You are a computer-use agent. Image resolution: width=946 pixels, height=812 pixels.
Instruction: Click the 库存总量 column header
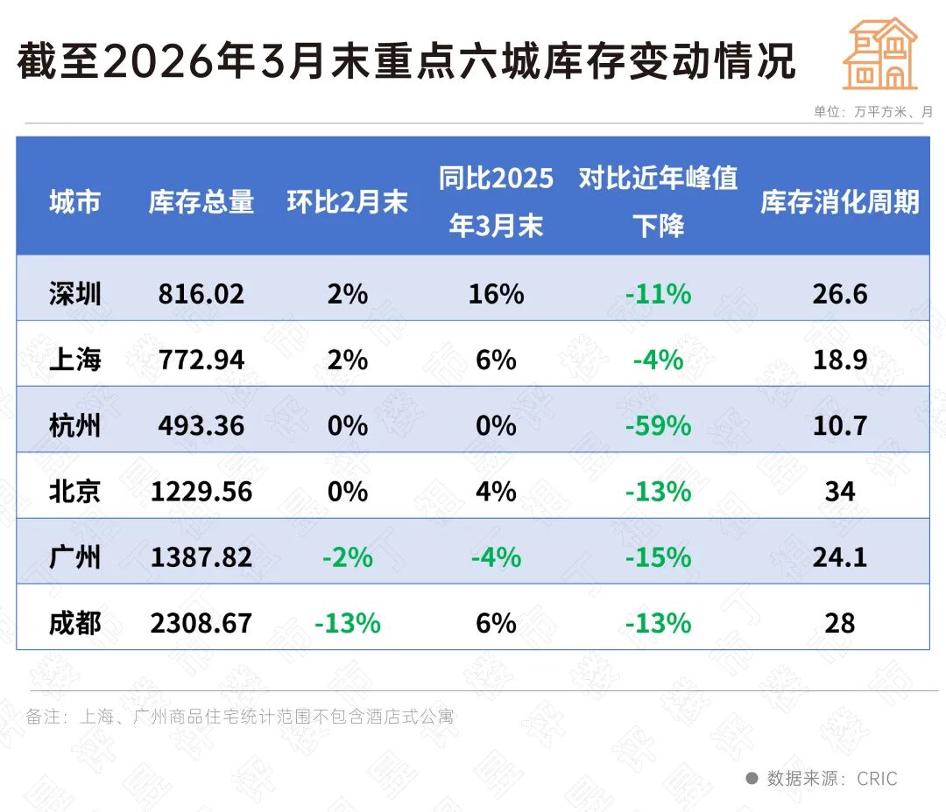[x=201, y=202]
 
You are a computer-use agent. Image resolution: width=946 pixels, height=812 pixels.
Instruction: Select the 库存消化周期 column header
[x=839, y=202]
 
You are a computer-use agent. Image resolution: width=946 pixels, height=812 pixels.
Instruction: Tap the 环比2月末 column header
[x=347, y=202]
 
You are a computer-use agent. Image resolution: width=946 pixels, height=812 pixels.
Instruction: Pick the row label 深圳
[x=75, y=293]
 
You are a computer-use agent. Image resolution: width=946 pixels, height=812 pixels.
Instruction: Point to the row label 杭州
[x=75, y=425]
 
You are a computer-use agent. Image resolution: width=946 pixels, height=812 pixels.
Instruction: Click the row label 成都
[x=75, y=623]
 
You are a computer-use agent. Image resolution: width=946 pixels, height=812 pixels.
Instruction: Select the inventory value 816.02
[x=201, y=293]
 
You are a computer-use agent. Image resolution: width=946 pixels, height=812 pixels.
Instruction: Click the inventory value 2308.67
[x=201, y=623]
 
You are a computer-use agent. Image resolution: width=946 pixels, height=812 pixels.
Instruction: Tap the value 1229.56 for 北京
[x=201, y=492]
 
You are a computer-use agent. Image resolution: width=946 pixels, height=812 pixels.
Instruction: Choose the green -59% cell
[x=658, y=425]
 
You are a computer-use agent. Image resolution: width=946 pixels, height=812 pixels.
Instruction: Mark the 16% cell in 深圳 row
[x=496, y=293]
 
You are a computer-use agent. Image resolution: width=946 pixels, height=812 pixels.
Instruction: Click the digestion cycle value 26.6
[x=839, y=293]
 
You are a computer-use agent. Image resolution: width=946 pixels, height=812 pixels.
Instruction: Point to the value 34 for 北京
[x=839, y=492]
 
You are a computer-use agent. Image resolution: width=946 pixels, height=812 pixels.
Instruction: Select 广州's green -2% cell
[x=347, y=557]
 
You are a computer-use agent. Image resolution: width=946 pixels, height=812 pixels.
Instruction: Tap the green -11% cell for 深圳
[x=658, y=293]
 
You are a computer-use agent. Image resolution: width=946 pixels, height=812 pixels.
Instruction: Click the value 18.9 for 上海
[x=839, y=360]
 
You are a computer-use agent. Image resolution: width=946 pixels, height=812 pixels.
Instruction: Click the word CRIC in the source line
[x=877, y=778]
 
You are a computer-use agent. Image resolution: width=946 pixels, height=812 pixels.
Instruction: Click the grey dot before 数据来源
[x=752, y=778]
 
